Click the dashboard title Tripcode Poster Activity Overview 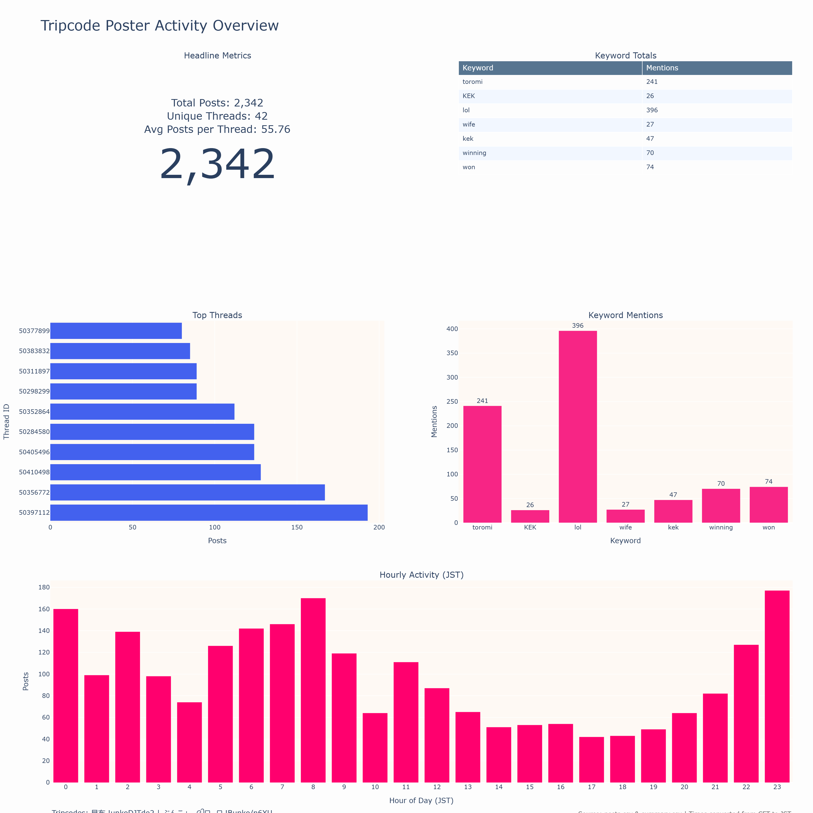pyautogui.click(x=160, y=26)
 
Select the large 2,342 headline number pyautogui.click(x=217, y=165)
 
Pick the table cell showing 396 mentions pyautogui.click(x=652, y=110)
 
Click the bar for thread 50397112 pyautogui.click(x=209, y=512)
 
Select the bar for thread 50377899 pyautogui.click(x=116, y=331)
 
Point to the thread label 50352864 pyautogui.click(x=34, y=412)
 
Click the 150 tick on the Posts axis pyautogui.click(x=297, y=527)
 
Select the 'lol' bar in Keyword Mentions pyautogui.click(x=578, y=427)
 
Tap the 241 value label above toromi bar pyautogui.click(x=482, y=401)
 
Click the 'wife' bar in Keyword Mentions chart pyautogui.click(x=625, y=516)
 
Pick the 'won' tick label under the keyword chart pyautogui.click(x=768, y=527)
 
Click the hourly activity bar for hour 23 pyautogui.click(x=777, y=686)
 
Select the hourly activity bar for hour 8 pyautogui.click(x=313, y=690)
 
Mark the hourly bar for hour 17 pyautogui.click(x=591, y=760)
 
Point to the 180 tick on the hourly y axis pyautogui.click(x=44, y=587)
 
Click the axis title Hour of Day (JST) pyautogui.click(x=421, y=800)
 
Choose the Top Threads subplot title pyautogui.click(x=217, y=315)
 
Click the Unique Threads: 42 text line pyautogui.click(x=217, y=116)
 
